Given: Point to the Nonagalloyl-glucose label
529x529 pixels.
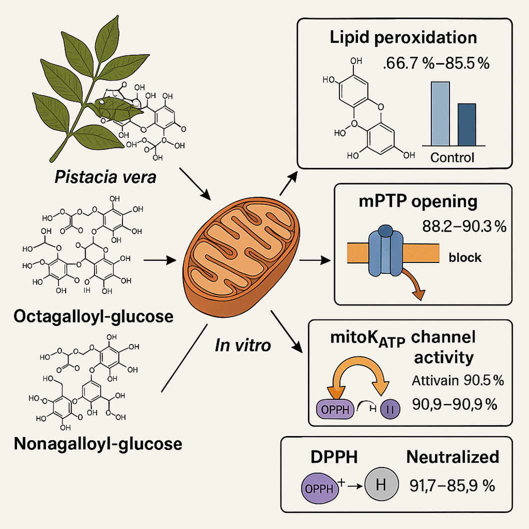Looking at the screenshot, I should (98, 443).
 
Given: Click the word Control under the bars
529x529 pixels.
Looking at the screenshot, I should (452, 158).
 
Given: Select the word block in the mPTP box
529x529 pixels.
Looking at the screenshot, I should (465, 257).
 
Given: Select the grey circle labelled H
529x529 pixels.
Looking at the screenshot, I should (381, 485).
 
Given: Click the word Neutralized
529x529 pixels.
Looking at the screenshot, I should (452, 457).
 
